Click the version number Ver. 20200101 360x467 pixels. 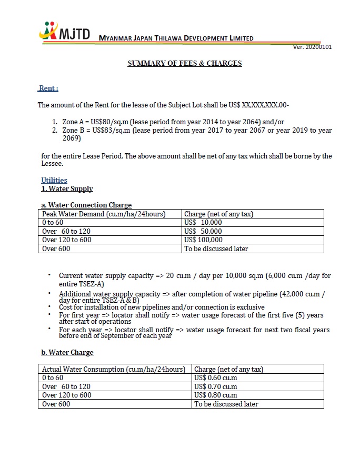point(312,47)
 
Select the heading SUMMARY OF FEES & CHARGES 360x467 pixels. point(185,63)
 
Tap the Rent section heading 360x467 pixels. point(48,88)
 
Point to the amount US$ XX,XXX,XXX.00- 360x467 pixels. point(265,105)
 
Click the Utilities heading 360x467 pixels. point(54,180)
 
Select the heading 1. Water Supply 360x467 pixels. point(67,188)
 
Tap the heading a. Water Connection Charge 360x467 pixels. point(86,205)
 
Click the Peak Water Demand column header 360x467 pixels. point(104,214)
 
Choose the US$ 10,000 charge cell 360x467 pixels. point(203,222)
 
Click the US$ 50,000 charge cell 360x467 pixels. point(203,231)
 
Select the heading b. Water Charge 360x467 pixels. point(67,352)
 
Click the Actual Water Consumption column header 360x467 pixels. point(113,369)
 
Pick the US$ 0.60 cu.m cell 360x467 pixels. point(215,377)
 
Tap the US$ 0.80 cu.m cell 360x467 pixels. point(215,395)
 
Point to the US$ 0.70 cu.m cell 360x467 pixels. point(215,386)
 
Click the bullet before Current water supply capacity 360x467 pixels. point(49,275)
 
